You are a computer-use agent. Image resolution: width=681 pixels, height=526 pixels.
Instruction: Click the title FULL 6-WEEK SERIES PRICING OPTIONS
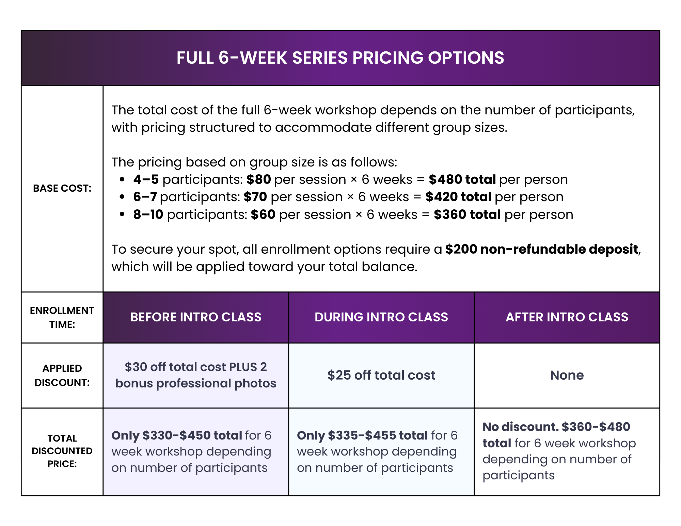pyautogui.click(x=340, y=58)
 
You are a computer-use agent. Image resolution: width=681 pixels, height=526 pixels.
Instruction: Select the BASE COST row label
pyautogui.click(x=62, y=188)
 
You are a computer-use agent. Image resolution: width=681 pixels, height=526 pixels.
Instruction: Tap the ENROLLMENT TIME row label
pyautogui.click(x=62, y=317)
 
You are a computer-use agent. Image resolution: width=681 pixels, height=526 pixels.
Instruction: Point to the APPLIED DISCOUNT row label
pyautogui.click(x=62, y=375)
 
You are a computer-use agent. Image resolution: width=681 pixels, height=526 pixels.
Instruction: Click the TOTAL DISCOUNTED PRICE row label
pyautogui.click(x=62, y=451)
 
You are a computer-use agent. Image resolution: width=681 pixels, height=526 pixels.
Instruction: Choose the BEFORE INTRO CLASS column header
pyautogui.click(x=196, y=317)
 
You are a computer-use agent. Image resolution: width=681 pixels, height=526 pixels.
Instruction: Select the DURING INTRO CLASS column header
pyautogui.click(x=381, y=317)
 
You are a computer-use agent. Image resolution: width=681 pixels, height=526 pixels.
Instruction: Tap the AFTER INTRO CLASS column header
pyautogui.click(x=567, y=317)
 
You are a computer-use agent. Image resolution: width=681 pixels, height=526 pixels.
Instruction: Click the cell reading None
pyautogui.click(x=567, y=375)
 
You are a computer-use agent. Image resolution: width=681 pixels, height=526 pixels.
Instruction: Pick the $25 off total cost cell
pyautogui.click(x=381, y=375)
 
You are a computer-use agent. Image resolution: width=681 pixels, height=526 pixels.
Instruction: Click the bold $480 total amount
pyautogui.click(x=462, y=179)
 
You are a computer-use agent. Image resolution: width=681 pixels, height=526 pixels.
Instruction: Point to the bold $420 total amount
pyautogui.click(x=458, y=197)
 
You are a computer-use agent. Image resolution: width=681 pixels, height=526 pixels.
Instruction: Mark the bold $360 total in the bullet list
pyautogui.click(x=467, y=214)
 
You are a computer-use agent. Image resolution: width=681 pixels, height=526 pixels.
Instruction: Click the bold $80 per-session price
pyautogui.click(x=258, y=179)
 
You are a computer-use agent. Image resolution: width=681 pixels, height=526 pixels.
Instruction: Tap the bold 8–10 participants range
pyautogui.click(x=148, y=214)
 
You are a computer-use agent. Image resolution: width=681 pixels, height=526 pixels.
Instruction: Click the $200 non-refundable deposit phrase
pyautogui.click(x=541, y=249)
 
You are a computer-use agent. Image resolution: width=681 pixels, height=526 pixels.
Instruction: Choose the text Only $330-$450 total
pyautogui.click(x=177, y=435)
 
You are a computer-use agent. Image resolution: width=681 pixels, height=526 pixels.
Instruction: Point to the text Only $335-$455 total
pyautogui.click(x=362, y=435)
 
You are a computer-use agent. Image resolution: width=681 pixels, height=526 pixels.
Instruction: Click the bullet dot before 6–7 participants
pyautogui.click(x=122, y=197)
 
